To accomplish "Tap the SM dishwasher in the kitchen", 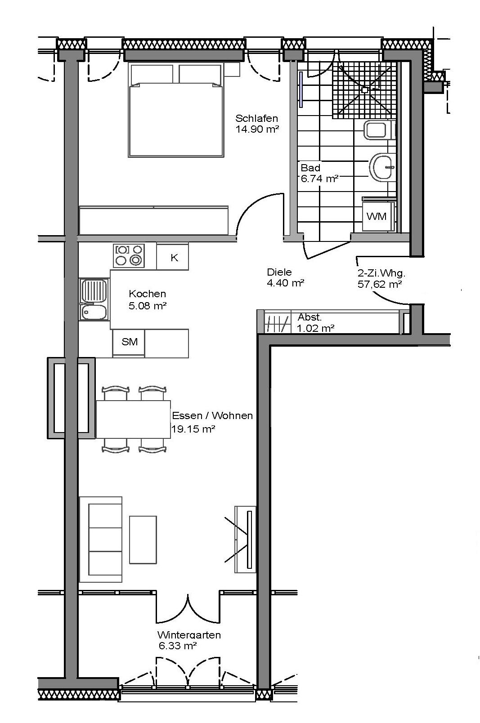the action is pyautogui.click(x=129, y=343).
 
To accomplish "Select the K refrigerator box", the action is pyautogui.click(x=172, y=256).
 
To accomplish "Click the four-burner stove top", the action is pyautogui.click(x=129, y=256).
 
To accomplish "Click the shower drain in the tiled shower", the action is pyautogui.click(x=365, y=90).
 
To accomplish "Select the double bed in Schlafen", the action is pyautogui.click(x=176, y=110).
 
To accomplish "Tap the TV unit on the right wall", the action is pyautogui.click(x=245, y=540).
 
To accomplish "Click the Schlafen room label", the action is pyautogui.click(x=257, y=118).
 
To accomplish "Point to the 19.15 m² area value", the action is pyautogui.click(x=193, y=429).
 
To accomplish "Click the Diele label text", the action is pyautogui.click(x=279, y=272).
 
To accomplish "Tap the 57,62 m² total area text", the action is pyautogui.click(x=380, y=284).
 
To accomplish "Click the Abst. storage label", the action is pyautogui.click(x=310, y=317).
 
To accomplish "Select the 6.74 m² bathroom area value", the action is pyautogui.click(x=319, y=179).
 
